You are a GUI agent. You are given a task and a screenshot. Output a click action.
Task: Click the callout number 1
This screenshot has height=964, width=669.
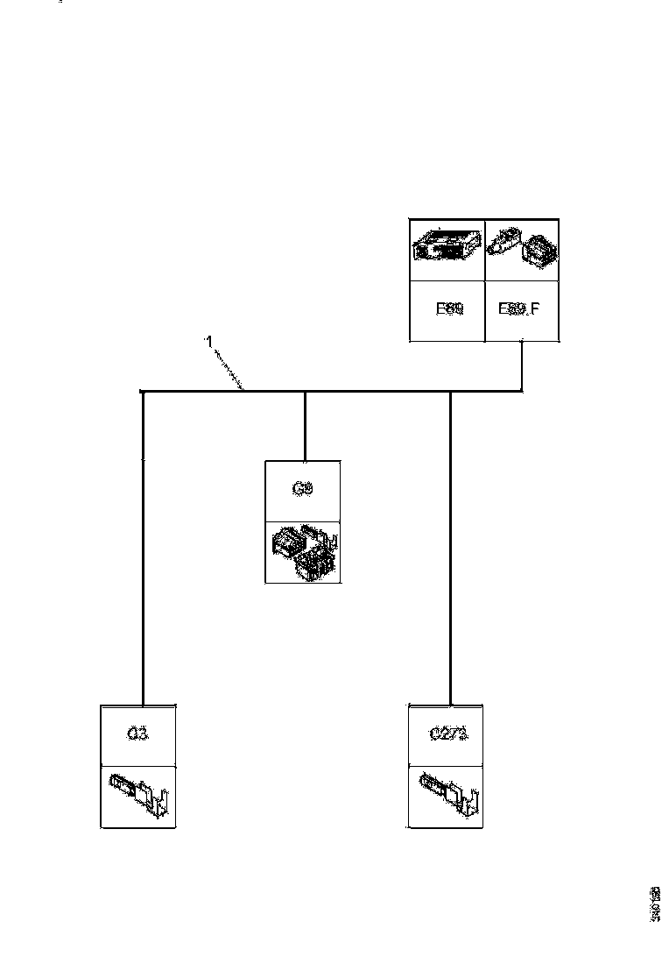(x=208, y=341)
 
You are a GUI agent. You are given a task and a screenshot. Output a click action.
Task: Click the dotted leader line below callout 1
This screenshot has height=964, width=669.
(x=229, y=369)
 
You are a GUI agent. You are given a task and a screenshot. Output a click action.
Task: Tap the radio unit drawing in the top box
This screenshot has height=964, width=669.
(x=447, y=248)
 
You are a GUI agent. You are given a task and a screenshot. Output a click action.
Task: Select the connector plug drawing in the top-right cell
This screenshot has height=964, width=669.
(x=523, y=248)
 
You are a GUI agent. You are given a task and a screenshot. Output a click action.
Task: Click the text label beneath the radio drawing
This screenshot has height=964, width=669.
(x=448, y=309)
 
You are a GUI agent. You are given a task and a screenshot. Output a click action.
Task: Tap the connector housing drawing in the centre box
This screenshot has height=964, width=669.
(x=304, y=552)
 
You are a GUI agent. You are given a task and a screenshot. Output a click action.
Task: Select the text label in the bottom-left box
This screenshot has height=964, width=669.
(x=138, y=734)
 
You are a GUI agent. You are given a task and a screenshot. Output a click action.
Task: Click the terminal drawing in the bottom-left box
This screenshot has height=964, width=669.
(x=138, y=796)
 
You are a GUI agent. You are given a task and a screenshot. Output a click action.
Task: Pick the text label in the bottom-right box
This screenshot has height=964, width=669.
(x=447, y=734)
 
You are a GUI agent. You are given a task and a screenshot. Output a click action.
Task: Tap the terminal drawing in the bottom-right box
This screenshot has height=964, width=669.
(x=447, y=796)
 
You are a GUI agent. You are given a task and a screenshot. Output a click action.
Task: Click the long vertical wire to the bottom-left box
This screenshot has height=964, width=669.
(x=142, y=543)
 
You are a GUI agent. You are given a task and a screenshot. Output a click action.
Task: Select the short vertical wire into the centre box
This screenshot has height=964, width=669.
(x=304, y=425)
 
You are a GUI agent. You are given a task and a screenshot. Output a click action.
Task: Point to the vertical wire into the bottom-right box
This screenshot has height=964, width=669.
(x=450, y=543)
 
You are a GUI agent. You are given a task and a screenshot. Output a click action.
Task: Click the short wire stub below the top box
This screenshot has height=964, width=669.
(x=523, y=364)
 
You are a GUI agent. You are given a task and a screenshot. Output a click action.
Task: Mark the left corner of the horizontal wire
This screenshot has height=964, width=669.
(x=142, y=391)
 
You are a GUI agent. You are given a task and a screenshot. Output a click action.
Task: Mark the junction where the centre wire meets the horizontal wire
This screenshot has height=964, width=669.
(x=304, y=391)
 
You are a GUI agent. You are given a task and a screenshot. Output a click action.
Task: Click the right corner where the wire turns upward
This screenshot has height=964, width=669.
(x=523, y=391)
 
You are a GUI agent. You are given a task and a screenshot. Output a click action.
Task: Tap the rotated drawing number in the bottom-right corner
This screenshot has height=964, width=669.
(x=654, y=903)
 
